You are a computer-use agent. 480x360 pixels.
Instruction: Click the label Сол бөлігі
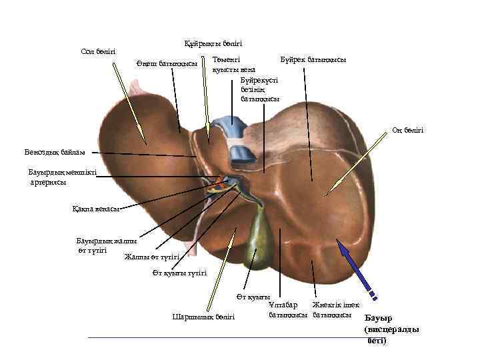[97, 52]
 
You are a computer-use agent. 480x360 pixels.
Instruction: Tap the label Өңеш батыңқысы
[166, 64]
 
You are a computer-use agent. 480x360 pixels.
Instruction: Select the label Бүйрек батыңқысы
[313, 60]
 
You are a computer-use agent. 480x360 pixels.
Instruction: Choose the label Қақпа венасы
[96, 209]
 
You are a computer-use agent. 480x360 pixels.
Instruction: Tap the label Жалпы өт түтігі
[152, 257]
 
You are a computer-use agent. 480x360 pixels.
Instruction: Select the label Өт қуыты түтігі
[179, 273]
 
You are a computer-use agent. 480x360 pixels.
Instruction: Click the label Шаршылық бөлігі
[203, 317]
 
